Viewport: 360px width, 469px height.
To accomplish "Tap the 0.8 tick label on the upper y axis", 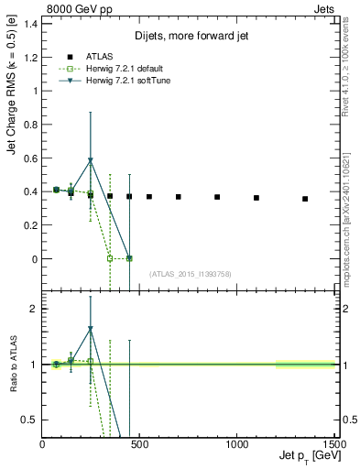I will pyautogui.click(x=30, y=125).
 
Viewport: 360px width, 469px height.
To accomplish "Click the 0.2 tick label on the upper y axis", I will pyautogui.click(x=30, y=225).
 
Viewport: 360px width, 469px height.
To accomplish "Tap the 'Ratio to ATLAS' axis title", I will pyautogui.click(x=12, y=364).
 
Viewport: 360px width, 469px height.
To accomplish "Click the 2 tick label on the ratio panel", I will pyautogui.click(x=34, y=309).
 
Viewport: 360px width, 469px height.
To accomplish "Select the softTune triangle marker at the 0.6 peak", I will pyautogui.click(x=90, y=160).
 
